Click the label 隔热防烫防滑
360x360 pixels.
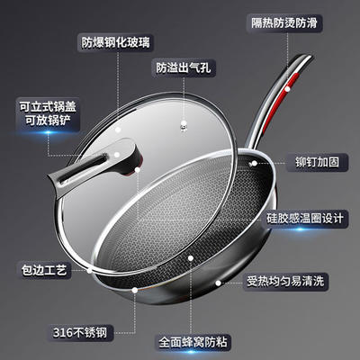pyautogui.click(x=284, y=23)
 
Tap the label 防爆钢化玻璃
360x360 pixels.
pyautogui.click(x=115, y=42)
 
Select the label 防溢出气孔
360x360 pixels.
pyautogui.click(x=184, y=68)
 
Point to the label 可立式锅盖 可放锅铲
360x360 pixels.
pyautogui.click(x=48, y=114)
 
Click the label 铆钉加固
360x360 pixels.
pyautogui.click(x=317, y=162)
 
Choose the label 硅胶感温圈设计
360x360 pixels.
pyautogui.click(x=304, y=218)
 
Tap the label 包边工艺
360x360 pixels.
pyautogui.click(x=44, y=270)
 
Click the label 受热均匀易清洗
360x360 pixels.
pyautogui.click(x=285, y=282)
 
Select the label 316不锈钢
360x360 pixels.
pyautogui.click(x=80, y=332)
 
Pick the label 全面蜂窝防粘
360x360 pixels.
pyautogui.click(x=193, y=342)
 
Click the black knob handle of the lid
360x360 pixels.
pyautogui.click(x=96, y=165)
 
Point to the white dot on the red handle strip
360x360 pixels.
pyautogui.click(x=287, y=89)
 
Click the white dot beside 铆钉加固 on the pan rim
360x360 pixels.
pyautogui.click(x=254, y=164)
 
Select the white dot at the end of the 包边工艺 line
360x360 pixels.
pyautogui.click(x=89, y=270)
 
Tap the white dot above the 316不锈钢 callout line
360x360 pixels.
pyautogui.click(x=135, y=290)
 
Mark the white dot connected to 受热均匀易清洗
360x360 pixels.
pyautogui.click(x=218, y=283)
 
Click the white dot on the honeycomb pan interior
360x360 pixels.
pyautogui.click(x=191, y=258)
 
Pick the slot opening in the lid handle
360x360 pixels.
pyautogui.click(x=82, y=169)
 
